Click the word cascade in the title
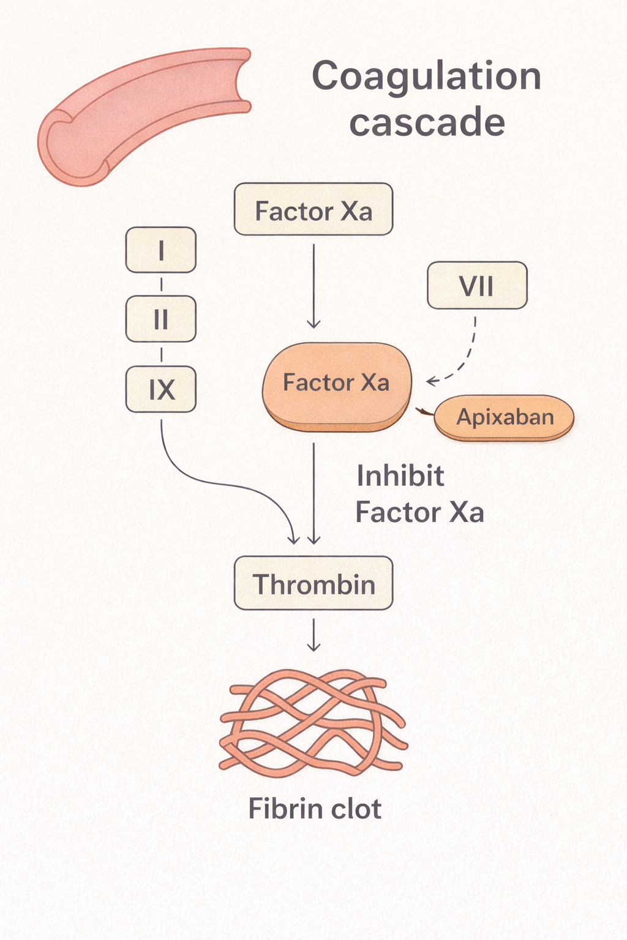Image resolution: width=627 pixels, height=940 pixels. coord(427,122)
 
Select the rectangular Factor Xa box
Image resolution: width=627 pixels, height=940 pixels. coord(313,209)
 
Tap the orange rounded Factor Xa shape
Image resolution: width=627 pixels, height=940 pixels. coord(337,387)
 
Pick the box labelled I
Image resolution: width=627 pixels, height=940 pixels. coord(161,250)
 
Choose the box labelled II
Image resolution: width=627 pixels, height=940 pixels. coord(161,319)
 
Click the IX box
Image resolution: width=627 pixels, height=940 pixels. coord(161,389)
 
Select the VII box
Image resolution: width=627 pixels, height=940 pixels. coord(477,285)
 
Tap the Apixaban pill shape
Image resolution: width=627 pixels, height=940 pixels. coord(504,417)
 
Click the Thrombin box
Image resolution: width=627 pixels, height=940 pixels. coord(313,583)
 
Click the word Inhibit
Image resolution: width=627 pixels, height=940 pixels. coord(400,476)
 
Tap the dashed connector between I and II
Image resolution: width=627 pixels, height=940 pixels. coord(161,285)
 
